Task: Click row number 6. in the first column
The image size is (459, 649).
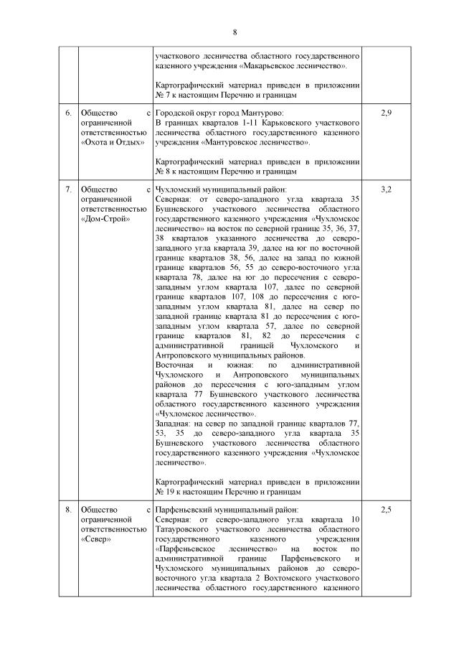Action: point(68,113)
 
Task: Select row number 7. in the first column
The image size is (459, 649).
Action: point(68,190)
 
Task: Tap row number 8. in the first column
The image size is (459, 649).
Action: point(68,510)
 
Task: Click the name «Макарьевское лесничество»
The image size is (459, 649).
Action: point(298,65)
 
